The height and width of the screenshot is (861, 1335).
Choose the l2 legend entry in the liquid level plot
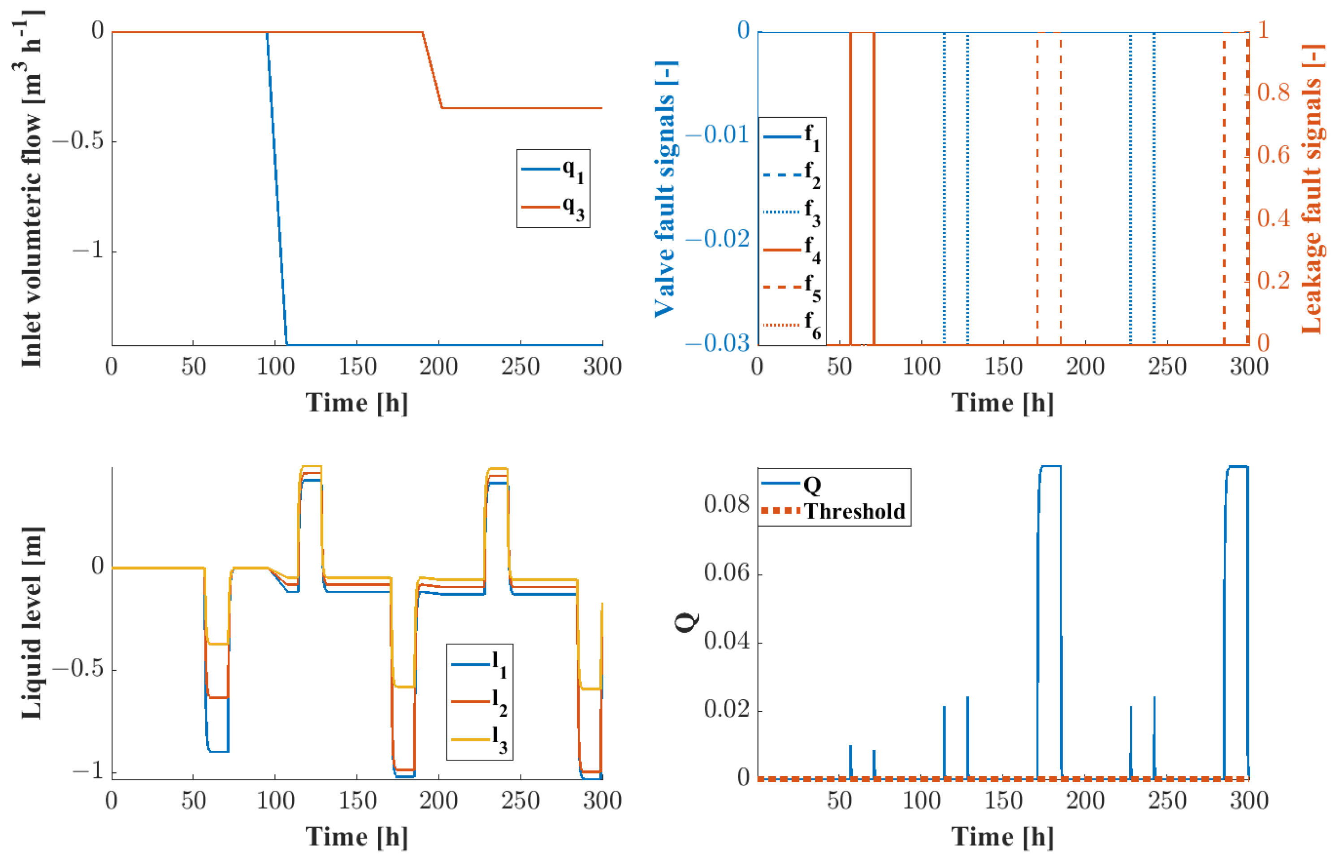[x=480, y=701]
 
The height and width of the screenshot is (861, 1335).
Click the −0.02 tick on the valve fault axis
[x=718, y=239]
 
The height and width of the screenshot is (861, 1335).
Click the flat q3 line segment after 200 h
[x=520, y=108]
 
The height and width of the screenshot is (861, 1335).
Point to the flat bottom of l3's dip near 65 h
[x=218, y=644]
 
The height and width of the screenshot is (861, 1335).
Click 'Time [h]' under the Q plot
[x=1002, y=837]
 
